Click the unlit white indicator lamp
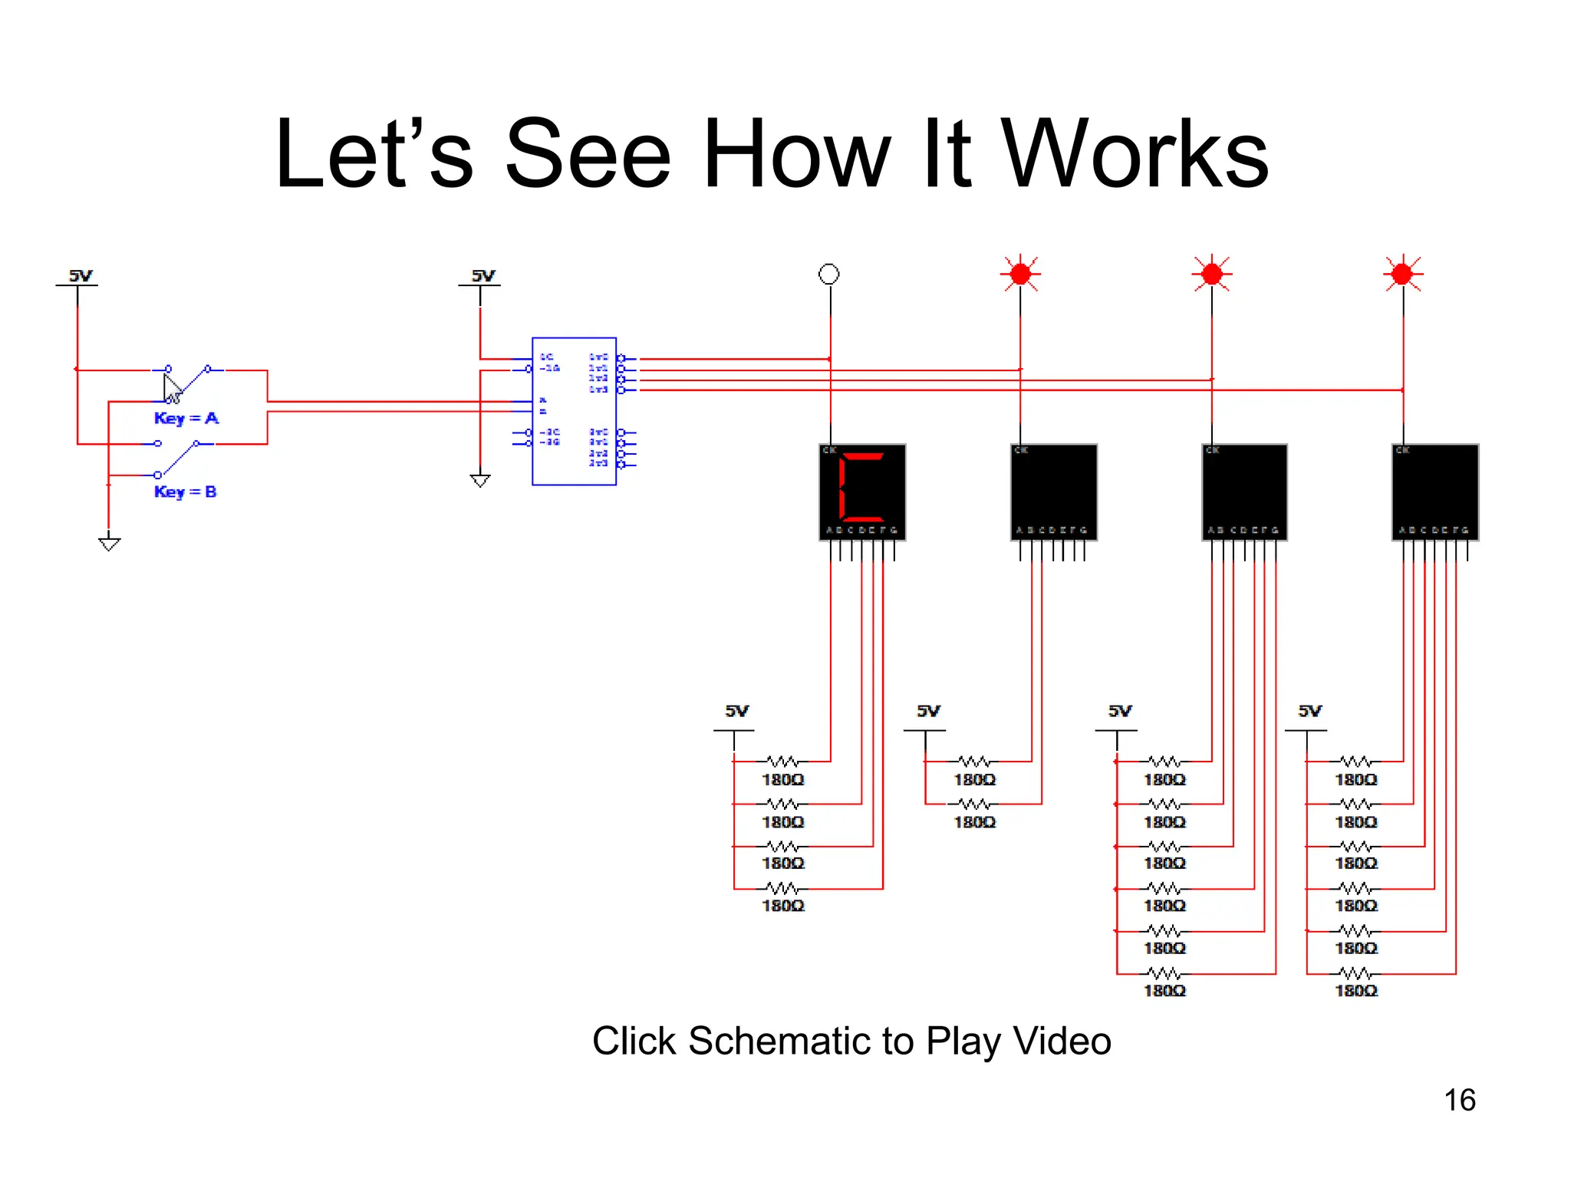click(x=828, y=274)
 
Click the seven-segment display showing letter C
click(x=862, y=492)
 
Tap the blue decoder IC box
click(x=574, y=411)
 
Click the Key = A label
click(x=186, y=418)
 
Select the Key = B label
click(x=185, y=492)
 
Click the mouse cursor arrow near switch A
click(x=172, y=388)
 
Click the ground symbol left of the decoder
click(x=480, y=480)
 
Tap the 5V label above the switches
click(x=81, y=275)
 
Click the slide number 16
click(x=1459, y=1100)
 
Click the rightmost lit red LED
click(x=1402, y=274)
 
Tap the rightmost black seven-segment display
click(x=1435, y=492)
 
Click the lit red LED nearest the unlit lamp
click(x=1020, y=274)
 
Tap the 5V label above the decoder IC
click(x=483, y=275)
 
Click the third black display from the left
click(x=1244, y=492)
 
